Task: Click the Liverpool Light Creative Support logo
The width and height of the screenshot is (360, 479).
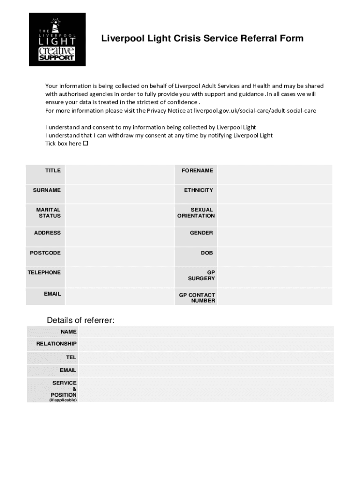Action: click(57, 39)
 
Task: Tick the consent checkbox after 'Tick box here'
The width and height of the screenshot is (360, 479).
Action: click(86, 144)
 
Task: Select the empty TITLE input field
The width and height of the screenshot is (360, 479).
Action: click(119, 174)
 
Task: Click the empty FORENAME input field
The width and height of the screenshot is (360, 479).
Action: click(274, 174)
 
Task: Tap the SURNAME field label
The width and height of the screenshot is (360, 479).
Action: click(47, 190)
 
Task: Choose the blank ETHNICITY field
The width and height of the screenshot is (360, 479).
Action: click(274, 194)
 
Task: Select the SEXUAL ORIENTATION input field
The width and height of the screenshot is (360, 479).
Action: click(274, 215)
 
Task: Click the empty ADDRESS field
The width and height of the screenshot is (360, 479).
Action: click(119, 237)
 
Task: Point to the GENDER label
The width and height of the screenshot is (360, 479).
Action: click(201, 233)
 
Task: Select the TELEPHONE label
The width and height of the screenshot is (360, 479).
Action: click(44, 272)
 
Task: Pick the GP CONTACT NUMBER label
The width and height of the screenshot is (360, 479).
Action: click(197, 298)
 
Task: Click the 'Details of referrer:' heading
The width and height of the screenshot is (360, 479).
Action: click(80, 320)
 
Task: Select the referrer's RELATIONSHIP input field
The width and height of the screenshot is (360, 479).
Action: click(206, 344)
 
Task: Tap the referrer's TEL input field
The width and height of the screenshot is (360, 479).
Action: click(206, 357)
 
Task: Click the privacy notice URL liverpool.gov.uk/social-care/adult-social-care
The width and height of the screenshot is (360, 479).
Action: click(255, 111)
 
